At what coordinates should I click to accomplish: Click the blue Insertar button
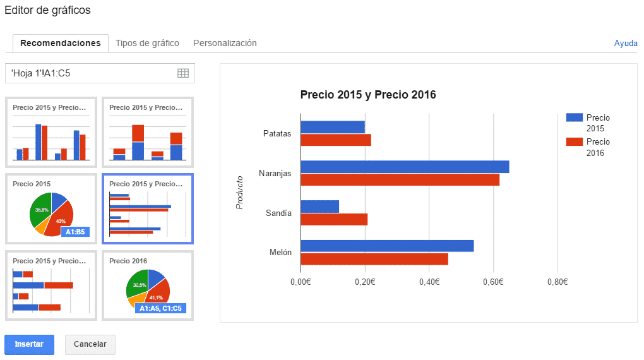tap(29, 344)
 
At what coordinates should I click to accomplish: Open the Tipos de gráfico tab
tap(147, 43)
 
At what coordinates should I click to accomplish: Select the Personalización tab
tap(225, 43)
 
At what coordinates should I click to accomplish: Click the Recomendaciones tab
tap(61, 43)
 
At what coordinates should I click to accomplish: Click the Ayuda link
tap(625, 44)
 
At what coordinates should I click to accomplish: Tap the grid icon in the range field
tap(183, 73)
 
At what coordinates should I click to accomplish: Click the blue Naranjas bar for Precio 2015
tap(404, 167)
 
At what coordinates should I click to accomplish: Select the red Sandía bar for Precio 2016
tap(333, 220)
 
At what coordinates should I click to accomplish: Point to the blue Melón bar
tap(386, 246)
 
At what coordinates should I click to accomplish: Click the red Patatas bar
tap(335, 140)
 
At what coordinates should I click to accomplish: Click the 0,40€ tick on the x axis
tap(429, 281)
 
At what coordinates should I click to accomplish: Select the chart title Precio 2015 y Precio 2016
tap(368, 95)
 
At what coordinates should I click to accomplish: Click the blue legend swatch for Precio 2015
tap(574, 117)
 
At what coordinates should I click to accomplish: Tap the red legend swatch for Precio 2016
tap(574, 141)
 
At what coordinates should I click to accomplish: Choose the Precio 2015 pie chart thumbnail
tap(51, 209)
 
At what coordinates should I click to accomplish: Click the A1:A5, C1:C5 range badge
tap(160, 308)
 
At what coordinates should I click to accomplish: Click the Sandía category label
tap(278, 213)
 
